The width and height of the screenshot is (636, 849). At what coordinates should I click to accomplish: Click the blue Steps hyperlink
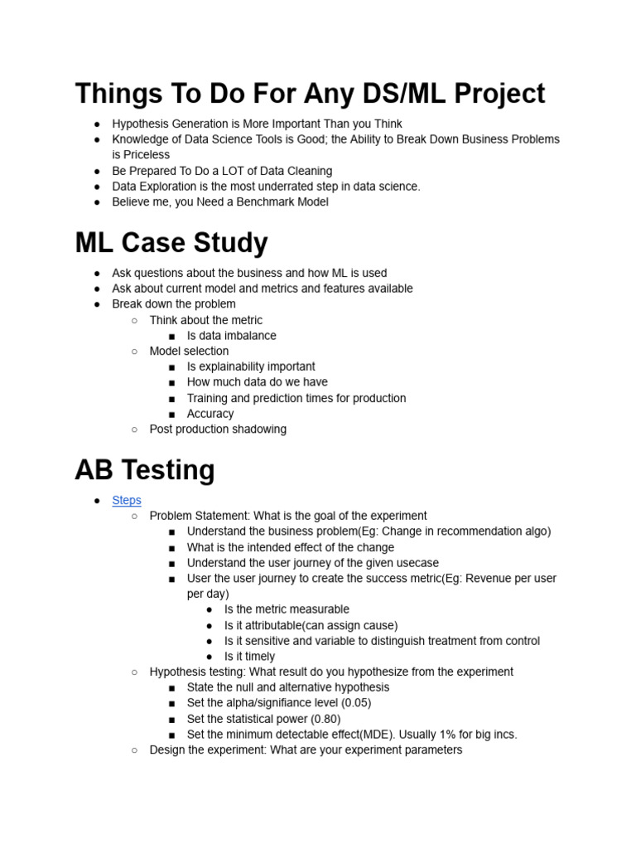pyautogui.click(x=127, y=500)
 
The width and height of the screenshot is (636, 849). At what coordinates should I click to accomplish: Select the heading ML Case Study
pyautogui.click(x=171, y=243)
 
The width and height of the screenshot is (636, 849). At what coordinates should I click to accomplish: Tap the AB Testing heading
pyautogui.click(x=145, y=470)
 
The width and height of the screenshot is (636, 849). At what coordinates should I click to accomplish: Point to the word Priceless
pyautogui.click(x=141, y=155)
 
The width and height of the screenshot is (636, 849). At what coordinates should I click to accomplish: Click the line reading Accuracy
pyautogui.click(x=210, y=414)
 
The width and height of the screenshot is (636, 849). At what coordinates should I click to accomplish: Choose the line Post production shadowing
pyautogui.click(x=218, y=429)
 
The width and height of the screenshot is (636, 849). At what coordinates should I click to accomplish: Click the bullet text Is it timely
pyautogui.click(x=249, y=657)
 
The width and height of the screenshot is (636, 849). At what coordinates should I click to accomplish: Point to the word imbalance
pyautogui.click(x=248, y=336)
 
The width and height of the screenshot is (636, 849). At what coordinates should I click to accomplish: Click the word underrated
pyautogui.click(x=273, y=187)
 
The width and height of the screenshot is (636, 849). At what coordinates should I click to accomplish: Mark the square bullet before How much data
pyautogui.click(x=171, y=382)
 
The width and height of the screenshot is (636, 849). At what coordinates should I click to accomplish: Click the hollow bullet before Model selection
pyautogui.click(x=134, y=352)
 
